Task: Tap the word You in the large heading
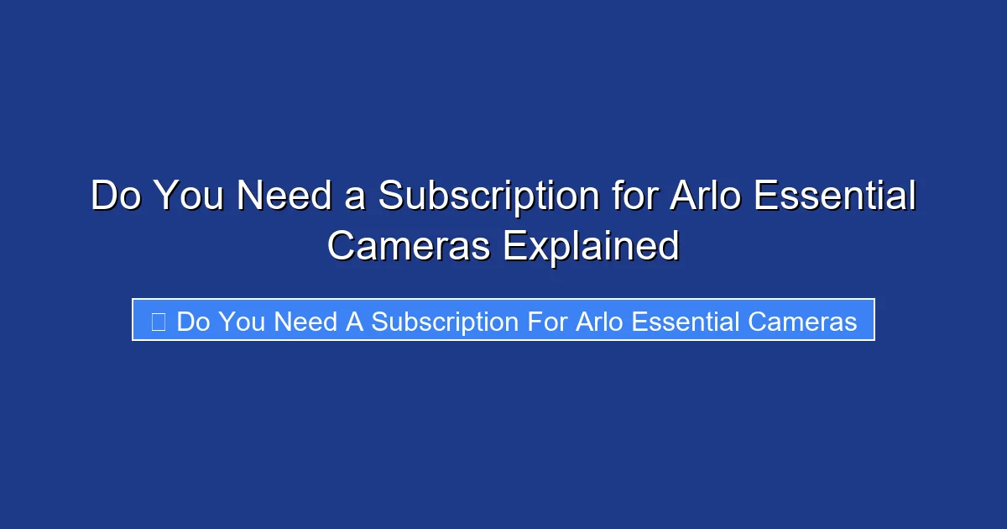click(x=192, y=196)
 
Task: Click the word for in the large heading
click(x=629, y=196)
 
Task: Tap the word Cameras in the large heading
click(x=408, y=246)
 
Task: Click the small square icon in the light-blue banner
click(x=159, y=321)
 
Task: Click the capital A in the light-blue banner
click(x=354, y=322)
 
